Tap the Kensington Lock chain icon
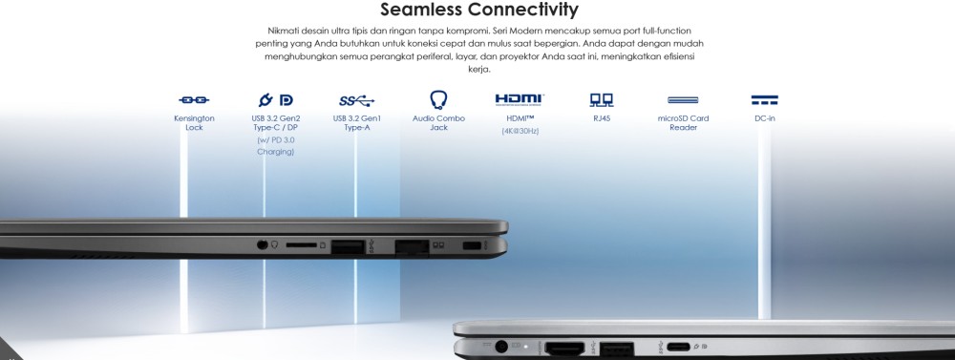tap(194, 100)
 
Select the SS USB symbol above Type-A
tap(357, 100)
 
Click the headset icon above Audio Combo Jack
tap(438, 99)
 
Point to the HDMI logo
tap(520, 100)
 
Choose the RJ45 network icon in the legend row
tap(601, 100)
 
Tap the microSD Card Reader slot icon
tap(683, 100)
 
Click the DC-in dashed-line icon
tap(764, 100)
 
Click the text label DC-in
tap(764, 118)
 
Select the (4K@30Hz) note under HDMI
tap(520, 131)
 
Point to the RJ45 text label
tap(601, 118)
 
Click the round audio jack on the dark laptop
tap(263, 244)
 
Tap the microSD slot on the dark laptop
tap(302, 244)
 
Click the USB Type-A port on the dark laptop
tap(348, 246)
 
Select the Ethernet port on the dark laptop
tap(412, 247)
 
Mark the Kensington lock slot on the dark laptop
tap(472, 245)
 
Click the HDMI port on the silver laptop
tap(564, 349)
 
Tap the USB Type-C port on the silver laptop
tap(678, 348)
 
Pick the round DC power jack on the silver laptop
tap(502, 347)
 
